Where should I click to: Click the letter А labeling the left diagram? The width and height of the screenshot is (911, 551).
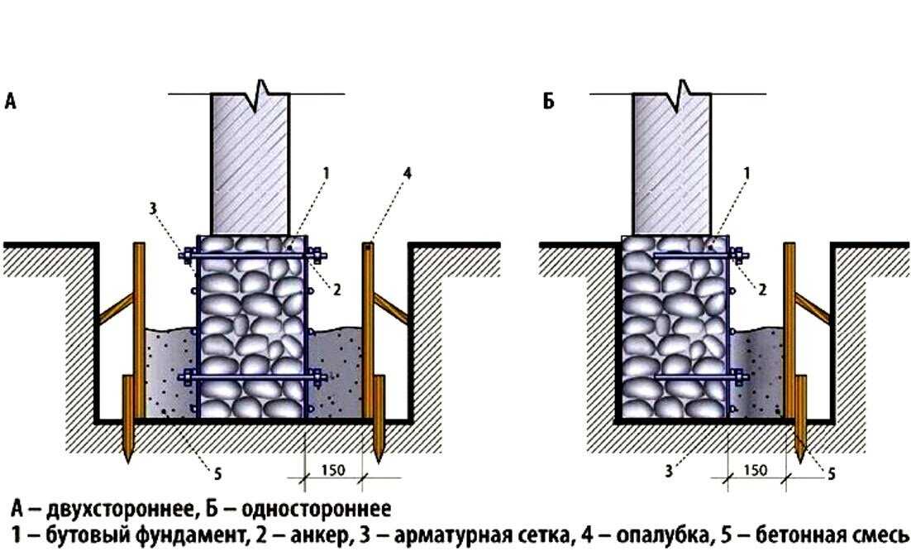(x=11, y=101)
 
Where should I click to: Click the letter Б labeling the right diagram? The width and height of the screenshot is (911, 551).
(x=549, y=101)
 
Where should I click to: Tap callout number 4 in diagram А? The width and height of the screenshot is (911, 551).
(x=408, y=173)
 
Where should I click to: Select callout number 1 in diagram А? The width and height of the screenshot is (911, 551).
(x=326, y=173)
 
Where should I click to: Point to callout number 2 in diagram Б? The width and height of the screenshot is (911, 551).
(x=762, y=289)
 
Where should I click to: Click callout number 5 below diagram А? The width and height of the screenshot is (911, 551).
(x=218, y=474)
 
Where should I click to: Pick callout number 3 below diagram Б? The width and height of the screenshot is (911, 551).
(x=669, y=470)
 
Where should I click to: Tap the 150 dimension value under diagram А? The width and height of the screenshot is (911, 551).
(x=333, y=470)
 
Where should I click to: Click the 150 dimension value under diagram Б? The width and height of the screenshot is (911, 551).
(x=756, y=470)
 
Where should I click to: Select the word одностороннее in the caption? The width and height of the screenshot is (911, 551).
(x=316, y=509)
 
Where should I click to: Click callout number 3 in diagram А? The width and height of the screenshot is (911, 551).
(x=153, y=208)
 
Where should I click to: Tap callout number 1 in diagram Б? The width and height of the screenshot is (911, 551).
(x=747, y=173)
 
